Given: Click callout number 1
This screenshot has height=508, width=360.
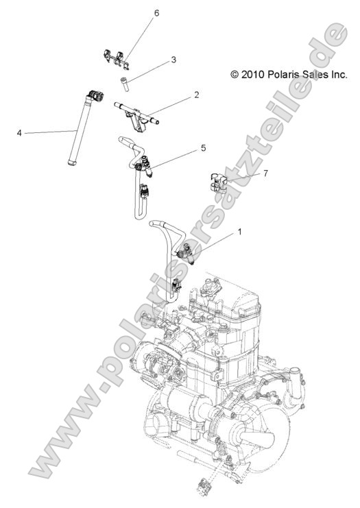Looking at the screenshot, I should point(240,232).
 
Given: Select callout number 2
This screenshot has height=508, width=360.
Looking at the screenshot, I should point(196,95).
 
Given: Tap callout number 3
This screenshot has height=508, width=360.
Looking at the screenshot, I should point(173,60).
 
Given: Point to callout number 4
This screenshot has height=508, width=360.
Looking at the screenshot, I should point(19,132).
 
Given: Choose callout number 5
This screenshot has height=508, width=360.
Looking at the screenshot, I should point(203,147).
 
